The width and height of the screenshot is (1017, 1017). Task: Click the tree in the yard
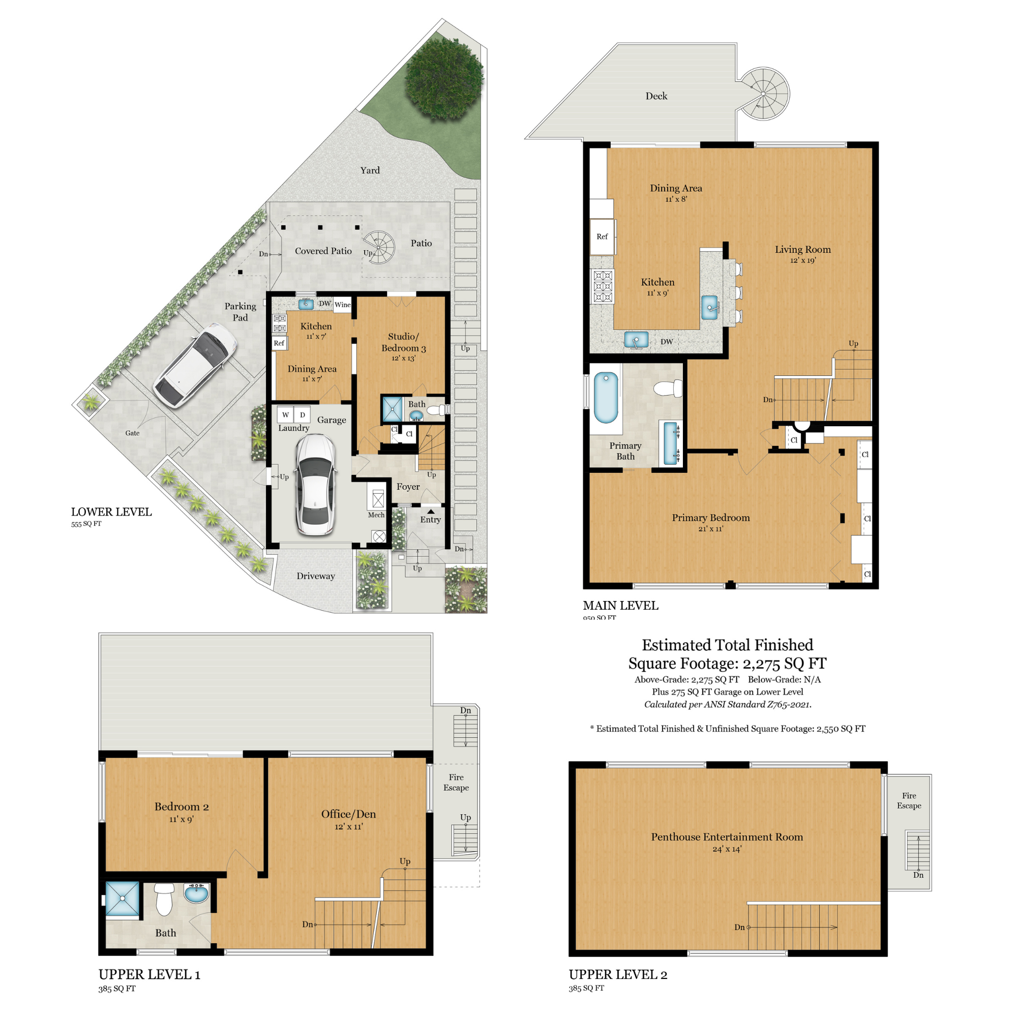[x=444, y=78]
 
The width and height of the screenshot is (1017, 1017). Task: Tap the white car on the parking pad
[x=195, y=365]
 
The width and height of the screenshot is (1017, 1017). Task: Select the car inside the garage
[x=315, y=485]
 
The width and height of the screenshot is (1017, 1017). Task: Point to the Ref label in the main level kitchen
[x=602, y=237]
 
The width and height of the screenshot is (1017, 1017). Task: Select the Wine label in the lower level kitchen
[x=342, y=305]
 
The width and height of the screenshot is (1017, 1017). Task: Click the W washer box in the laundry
[x=285, y=415]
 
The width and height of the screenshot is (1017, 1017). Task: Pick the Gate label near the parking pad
[x=132, y=433]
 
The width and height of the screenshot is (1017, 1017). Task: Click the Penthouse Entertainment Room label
[x=727, y=837]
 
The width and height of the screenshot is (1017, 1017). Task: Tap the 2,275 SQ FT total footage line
[x=727, y=663]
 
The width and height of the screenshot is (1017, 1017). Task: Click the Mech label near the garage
[x=376, y=515]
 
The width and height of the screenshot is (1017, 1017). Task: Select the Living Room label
[x=803, y=250]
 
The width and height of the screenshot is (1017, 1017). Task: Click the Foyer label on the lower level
[x=408, y=487]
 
